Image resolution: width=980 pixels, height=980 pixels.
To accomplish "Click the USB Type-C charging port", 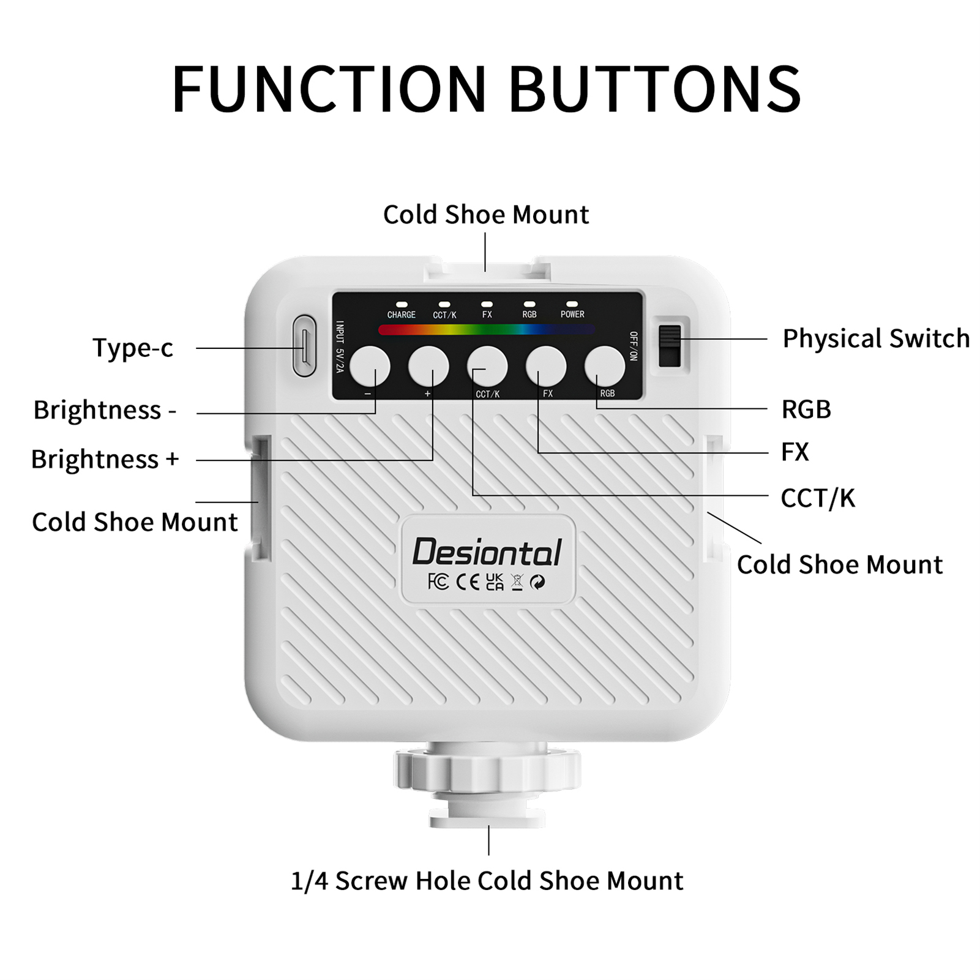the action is click(305, 346).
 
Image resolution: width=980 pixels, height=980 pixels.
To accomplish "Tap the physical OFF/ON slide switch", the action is click(669, 346).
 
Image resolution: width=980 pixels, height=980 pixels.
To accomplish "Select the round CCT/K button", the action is click(487, 366).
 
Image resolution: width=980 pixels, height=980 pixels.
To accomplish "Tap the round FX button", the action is click(546, 366).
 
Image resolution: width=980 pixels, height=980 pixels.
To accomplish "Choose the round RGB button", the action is click(605, 366).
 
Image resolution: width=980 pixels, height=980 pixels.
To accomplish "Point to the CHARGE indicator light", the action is click(402, 304).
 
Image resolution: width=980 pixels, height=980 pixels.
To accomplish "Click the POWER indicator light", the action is click(572, 304).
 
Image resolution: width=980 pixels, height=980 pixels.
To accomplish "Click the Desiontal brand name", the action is click(487, 552).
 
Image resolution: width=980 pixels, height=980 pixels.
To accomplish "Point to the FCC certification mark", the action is click(438, 582).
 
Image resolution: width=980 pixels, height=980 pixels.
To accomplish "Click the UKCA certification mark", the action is click(495, 582).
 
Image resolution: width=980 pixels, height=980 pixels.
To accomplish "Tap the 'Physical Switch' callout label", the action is click(876, 339).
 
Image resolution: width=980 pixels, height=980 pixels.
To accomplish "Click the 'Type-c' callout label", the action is click(133, 348).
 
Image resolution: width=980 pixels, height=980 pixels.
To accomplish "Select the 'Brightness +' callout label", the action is click(105, 459).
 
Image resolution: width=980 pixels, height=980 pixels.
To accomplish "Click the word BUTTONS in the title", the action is click(655, 89).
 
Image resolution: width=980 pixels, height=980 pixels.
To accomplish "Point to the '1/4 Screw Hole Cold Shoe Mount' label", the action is click(487, 881).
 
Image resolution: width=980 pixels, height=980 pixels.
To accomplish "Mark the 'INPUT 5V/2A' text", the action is click(340, 346).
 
